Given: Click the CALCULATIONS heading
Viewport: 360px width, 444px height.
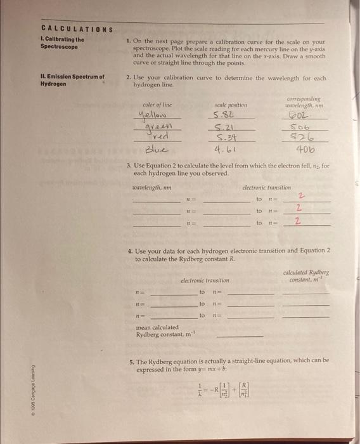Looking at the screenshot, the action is [76, 29].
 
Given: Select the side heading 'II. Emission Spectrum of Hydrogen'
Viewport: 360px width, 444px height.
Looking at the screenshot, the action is [72, 80].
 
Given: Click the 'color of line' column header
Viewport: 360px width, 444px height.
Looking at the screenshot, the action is [157, 104].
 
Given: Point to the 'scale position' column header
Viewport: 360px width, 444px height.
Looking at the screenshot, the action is [231, 104].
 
